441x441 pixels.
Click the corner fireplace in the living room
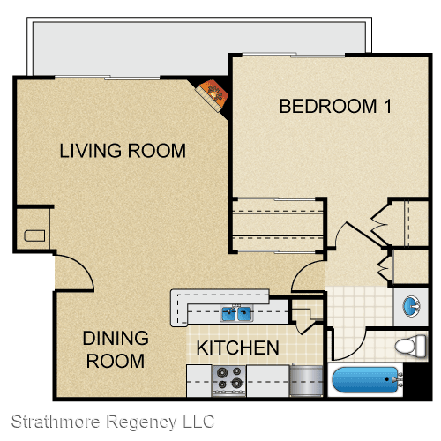(x=213, y=95)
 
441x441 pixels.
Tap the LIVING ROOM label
(x=123, y=151)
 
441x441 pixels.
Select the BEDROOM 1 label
(x=335, y=106)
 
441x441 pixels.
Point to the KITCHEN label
(x=237, y=348)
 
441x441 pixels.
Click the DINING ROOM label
(x=116, y=349)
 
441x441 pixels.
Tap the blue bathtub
(x=366, y=380)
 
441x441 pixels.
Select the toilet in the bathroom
(x=410, y=345)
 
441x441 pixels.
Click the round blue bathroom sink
(x=412, y=306)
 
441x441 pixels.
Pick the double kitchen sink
(x=236, y=313)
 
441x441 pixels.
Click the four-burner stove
(x=229, y=381)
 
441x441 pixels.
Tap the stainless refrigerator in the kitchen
(x=306, y=381)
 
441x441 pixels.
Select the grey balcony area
(x=199, y=47)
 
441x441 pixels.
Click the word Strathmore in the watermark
(x=56, y=422)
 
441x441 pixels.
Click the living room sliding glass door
(x=108, y=78)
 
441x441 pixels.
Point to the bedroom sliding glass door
(x=294, y=55)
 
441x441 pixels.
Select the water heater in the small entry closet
(x=34, y=235)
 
